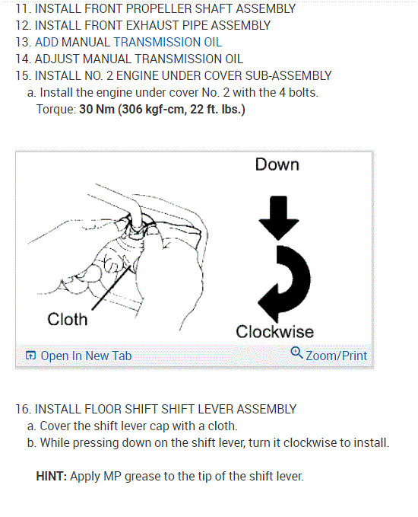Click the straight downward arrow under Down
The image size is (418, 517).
pyautogui.click(x=279, y=215)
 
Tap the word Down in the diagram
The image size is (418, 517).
pyautogui.click(x=277, y=164)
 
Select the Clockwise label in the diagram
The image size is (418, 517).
pyautogui.click(x=274, y=332)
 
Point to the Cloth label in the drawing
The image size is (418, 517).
pyautogui.click(x=68, y=319)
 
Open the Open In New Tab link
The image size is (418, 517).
pyautogui.click(x=86, y=356)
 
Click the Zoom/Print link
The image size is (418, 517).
pyautogui.click(x=336, y=356)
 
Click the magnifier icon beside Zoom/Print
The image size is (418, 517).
pyautogui.click(x=297, y=354)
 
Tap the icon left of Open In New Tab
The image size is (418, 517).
pyautogui.click(x=30, y=356)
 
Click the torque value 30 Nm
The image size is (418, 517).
pyautogui.click(x=94, y=109)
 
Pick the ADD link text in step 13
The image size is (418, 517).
pyautogui.click(x=47, y=43)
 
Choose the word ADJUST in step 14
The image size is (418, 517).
pyautogui.click(x=57, y=59)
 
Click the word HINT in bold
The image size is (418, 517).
pyautogui.click(x=51, y=477)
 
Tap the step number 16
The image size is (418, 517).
pyautogui.click(x=21, y=409)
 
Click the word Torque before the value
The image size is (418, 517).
pyautogui.click(x=55, y=109)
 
